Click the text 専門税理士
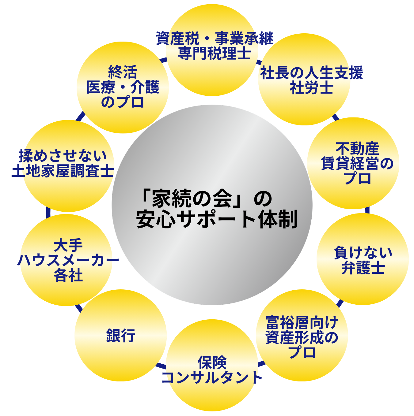[x=214, y=53]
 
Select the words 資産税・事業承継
[x=214, y=39]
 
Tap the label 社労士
[x=311, y=88]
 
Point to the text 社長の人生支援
[x=311, y=73]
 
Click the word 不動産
[x=357, y=149]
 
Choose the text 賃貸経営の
[x=357, y=164]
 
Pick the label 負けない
[x=363, y=253]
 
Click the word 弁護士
[x=363, y=268]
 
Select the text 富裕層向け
[x=302, y=323]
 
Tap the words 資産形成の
[x=302, y=338]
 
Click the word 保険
[x=212, y=363]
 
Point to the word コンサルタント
[x=212, y=378]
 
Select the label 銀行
[x=120, y=336]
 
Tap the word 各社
[x=68, y=275]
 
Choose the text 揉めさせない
[x=63, y=156]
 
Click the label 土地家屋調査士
[x=63, y=171]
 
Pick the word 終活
[x=123, y=72]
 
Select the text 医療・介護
[x=123, y=87]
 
